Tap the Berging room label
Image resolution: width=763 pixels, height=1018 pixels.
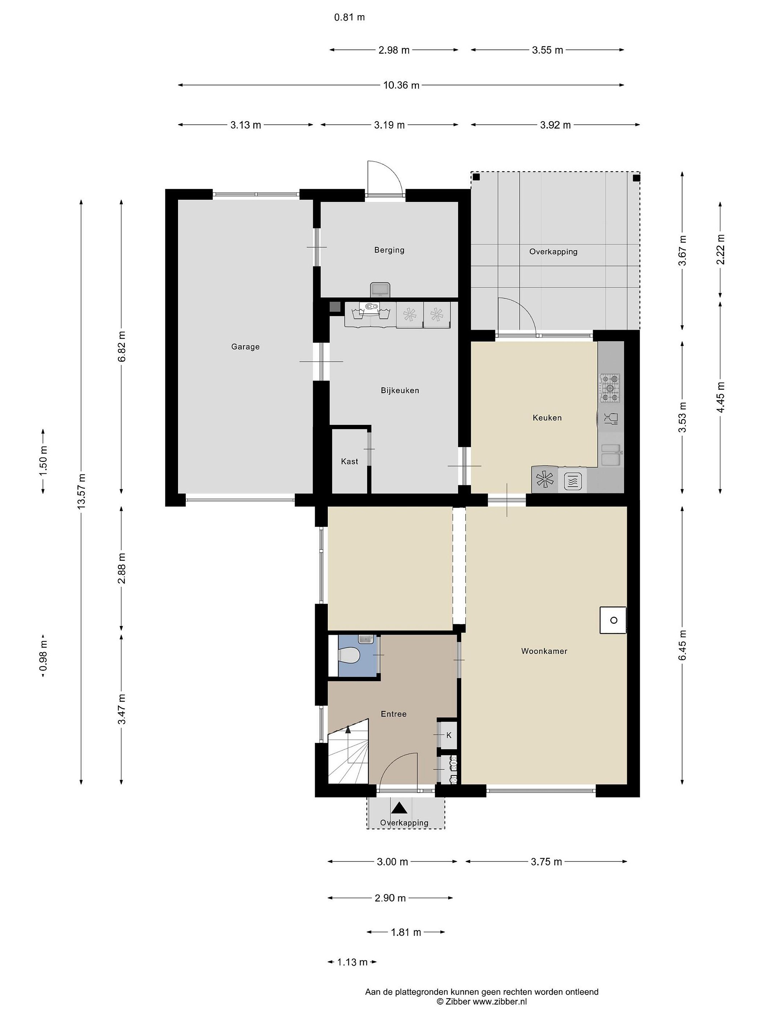[x=389, y=250]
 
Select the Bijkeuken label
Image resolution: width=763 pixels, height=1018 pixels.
[x=400, y=391]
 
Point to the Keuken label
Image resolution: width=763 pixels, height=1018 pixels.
[x=547, y=418]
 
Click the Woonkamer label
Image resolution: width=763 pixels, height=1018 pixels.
[x=544, y=651]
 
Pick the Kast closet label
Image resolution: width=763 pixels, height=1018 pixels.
[x=350, y=461]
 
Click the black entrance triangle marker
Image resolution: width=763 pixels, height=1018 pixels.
[x=399, y=807]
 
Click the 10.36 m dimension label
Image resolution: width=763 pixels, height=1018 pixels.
[x=402, y=85]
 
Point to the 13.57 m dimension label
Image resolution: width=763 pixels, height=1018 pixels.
[x=81, y=491]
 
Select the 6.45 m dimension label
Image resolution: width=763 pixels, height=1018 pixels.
[x=682, y=645]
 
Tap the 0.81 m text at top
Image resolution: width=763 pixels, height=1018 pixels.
[x=350, y=17]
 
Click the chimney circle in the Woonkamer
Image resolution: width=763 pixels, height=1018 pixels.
[x=614, y=620]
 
